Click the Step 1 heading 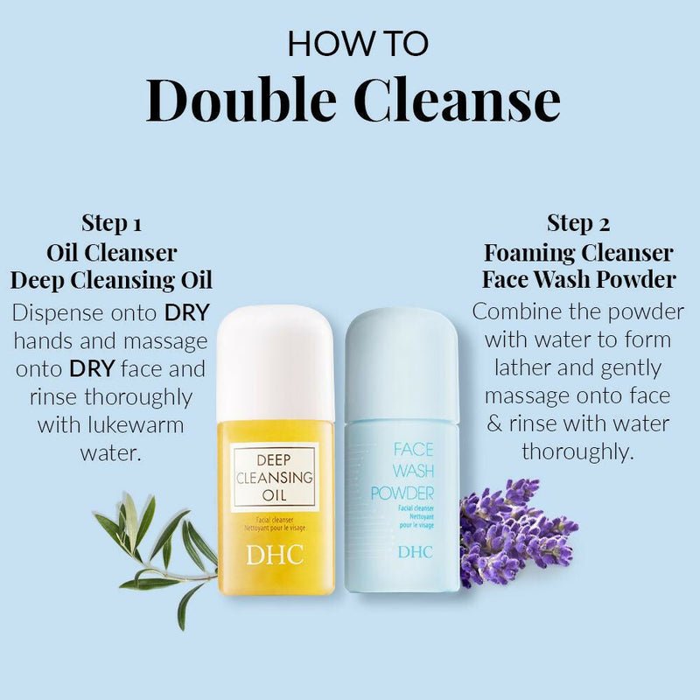[x=111, y=222]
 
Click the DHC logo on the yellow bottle [x=275, y=556]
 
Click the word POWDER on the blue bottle [x=402, y=493]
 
